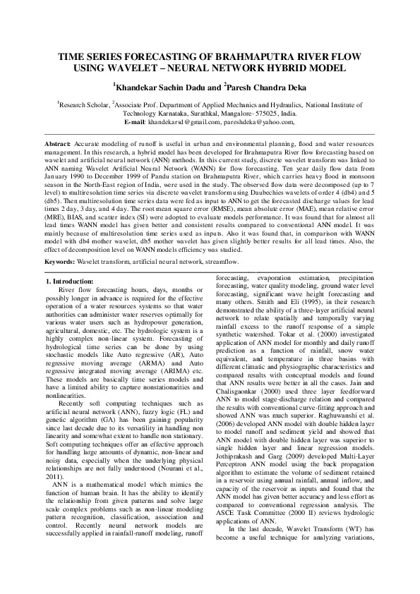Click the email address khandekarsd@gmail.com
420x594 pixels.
(x=184, y=122)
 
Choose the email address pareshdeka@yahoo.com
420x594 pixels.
(x=256, y=122)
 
